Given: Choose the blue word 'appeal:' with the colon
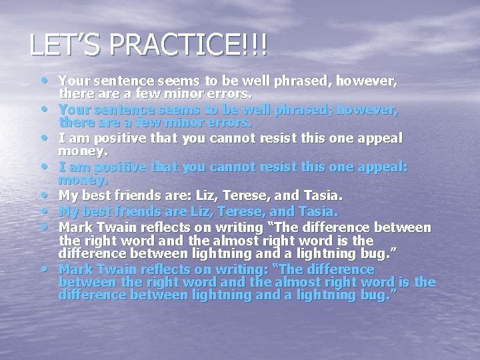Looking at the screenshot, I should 379,167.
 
